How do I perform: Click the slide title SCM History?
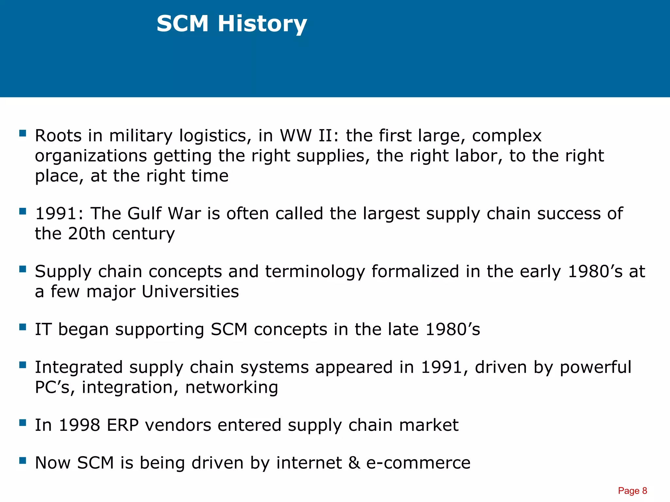(x=232, y=24)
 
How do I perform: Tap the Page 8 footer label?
(x=632, y=491)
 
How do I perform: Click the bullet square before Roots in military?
(x=23, y=133)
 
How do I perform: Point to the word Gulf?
(x=144, y=213)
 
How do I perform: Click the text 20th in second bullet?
(x=86, y=234)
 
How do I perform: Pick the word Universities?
(x=190, y=291)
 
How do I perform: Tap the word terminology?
(x=315, y=272)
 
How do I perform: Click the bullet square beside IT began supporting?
(x=23, y=327)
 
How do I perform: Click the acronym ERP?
(x=123, y=425)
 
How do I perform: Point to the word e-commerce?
(x=418, y=463)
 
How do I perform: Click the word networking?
(x=232, y=387)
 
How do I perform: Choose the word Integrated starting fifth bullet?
(x=79, y=367)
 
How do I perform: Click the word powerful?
(x=595, y=367)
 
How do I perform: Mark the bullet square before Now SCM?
(x=23, y=460)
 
